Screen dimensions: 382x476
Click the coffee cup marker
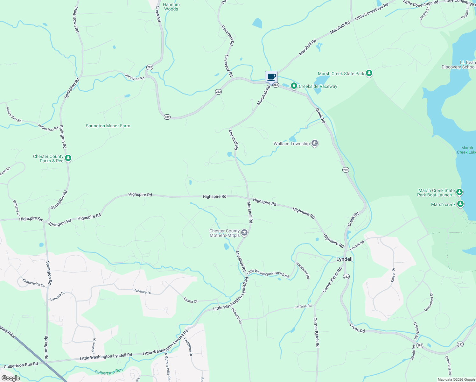tap(271, 77)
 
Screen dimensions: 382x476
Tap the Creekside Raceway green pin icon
tap(294, 86)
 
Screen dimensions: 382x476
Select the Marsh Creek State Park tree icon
tap(369, 73)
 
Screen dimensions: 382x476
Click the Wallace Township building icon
tap(314, 143)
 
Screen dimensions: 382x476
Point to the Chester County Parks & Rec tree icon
tap(68, 158)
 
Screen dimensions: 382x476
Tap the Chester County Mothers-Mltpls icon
tap(244, 233)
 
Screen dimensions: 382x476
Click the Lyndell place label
tap(344, 259)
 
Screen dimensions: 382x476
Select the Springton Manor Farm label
tap(108, 126)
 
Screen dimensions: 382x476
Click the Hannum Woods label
tap(171, 7)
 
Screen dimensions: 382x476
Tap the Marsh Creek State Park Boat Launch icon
tap(459, 192)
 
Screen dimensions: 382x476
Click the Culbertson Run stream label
tap(108, 371)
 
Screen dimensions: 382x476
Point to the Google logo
tap(10, 378)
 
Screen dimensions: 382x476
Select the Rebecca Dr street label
tap(142, 291)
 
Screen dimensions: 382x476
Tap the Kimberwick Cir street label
tap(34, 283)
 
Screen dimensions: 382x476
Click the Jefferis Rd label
tap(303, 306)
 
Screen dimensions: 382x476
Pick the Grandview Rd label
tap(302, 270)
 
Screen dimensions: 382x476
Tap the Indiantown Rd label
tap(76, 19)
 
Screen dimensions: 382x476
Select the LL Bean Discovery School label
tap(458, 65)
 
